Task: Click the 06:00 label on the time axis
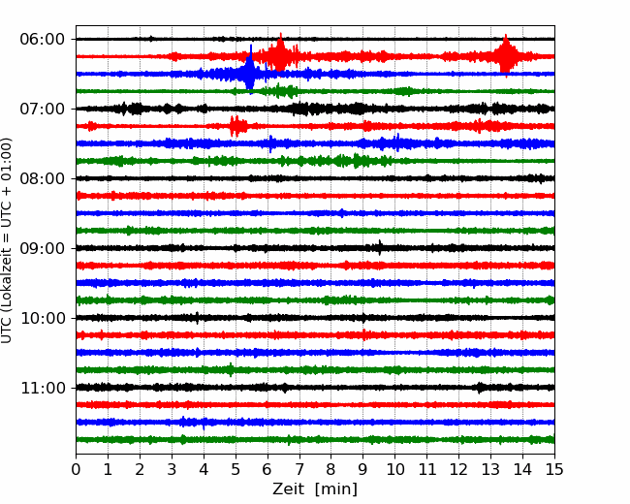tap(43, 40)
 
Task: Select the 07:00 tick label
tap(43, 109)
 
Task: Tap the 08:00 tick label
tap(43, 178)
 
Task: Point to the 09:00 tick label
tap(43, 248)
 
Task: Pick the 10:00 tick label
tap(43, 318)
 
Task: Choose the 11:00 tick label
tap(43, 388)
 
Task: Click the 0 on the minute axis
tap(76, 469)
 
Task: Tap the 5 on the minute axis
tap(236, 469)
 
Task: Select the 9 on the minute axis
tap(363, 469)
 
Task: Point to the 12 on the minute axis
tap(458, 469)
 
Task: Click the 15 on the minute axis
tap(554, 469)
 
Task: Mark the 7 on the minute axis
tap(299, 469)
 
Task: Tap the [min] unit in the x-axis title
tap(336, 489)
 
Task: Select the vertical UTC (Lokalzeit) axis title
tap(7, 240)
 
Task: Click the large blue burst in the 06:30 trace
tap(250, 69)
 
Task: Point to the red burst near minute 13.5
tap(505, 55)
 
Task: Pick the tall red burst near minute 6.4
tap(280, 52)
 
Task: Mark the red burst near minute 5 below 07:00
tap(237, 126)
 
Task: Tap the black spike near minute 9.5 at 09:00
tap(380, 247)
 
